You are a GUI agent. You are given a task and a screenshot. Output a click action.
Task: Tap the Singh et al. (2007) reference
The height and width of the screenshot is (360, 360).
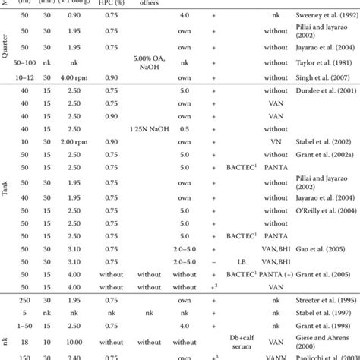(322, 77)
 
